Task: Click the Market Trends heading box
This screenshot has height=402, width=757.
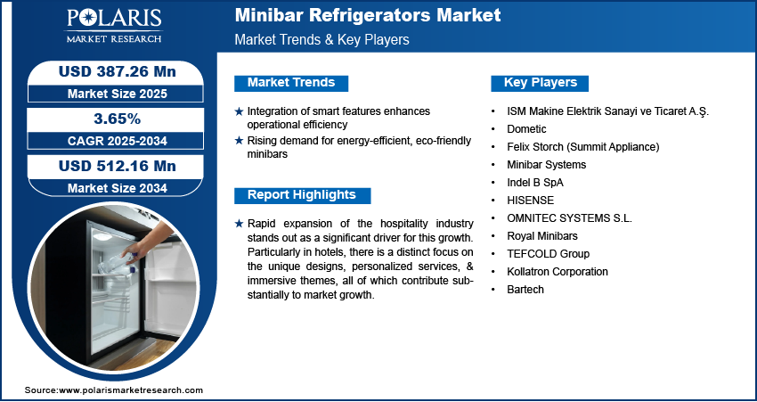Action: pyautogui.click(x=290, y=83)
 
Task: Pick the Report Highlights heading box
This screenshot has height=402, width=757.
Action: pyautogui.click(x=301, y=195)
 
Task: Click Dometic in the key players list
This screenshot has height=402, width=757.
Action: pyautogui.click(x=525, y=129)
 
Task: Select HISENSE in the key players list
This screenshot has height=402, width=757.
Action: pyautogui.click(x=528, y=201)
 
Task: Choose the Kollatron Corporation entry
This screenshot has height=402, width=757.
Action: pyautogui.click(x=557, y=272)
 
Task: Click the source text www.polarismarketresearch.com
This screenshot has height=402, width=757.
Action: pyautogui.click(x=131, y=390)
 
